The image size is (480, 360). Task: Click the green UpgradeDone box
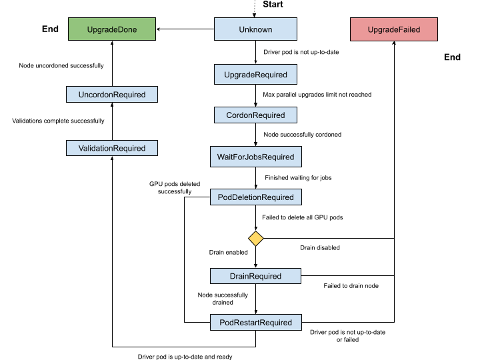point(112,29)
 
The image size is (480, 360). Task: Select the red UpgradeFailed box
point(394,30)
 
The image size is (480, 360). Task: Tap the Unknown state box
point(255,29)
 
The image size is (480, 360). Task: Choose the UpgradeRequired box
point(255,75)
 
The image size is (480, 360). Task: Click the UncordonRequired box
point(112,95)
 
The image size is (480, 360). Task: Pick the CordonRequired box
point(255,115)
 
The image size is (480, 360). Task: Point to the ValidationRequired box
point(112,148)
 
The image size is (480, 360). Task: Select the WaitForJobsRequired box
point(255,157)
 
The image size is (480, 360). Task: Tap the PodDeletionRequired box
point(255,197)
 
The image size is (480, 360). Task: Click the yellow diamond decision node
point(255,239)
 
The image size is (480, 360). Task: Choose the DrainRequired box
point(255,276)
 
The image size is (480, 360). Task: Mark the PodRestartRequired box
point(255,323)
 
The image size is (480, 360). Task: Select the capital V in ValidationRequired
point(81,148)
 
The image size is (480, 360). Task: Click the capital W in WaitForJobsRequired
point(221,157)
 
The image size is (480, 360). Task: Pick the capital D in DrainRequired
point(233,276)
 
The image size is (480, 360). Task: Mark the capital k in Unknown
point(250,29)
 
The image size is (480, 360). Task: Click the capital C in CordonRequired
point(229,115)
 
